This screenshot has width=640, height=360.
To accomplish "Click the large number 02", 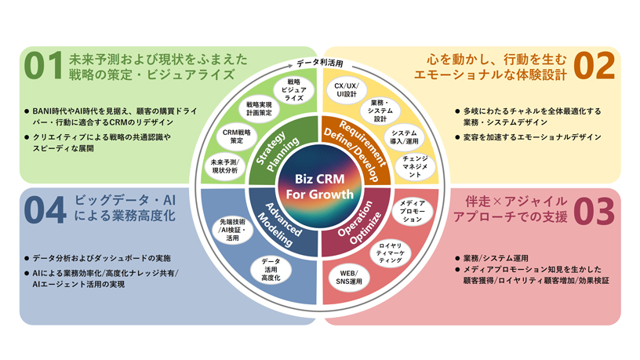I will tap(595, 67).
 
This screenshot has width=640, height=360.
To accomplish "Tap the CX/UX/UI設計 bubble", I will tap(345, 90).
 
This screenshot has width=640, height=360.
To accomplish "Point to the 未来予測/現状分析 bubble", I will tap(223, 165).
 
